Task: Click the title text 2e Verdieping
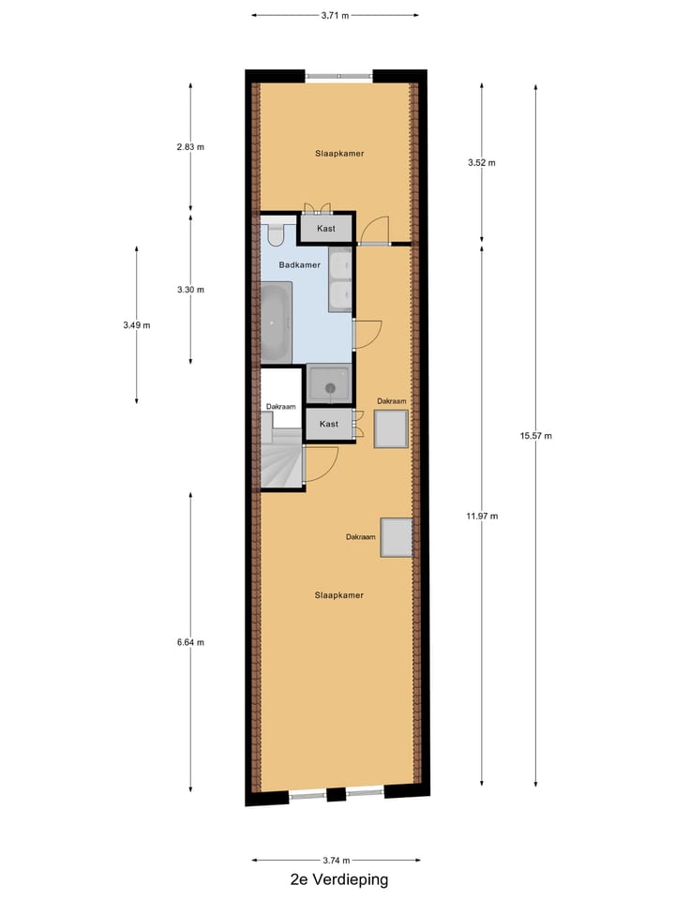[338, 879]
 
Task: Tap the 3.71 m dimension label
[335, 15]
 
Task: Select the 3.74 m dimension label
[335, 861]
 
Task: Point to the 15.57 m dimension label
[536, 435]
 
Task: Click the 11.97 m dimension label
[483, 516]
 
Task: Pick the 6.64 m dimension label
[190, 642]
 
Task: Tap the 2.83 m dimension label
[190, 147]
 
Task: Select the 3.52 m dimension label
[482, 162]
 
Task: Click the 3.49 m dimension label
[136, 325]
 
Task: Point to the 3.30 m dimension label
[190, 290]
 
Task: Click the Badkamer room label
[300, 265]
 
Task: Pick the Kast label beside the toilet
[326, 229]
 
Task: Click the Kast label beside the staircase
[329, 424]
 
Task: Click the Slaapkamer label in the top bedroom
[339, 153]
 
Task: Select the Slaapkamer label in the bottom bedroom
[339, 594]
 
